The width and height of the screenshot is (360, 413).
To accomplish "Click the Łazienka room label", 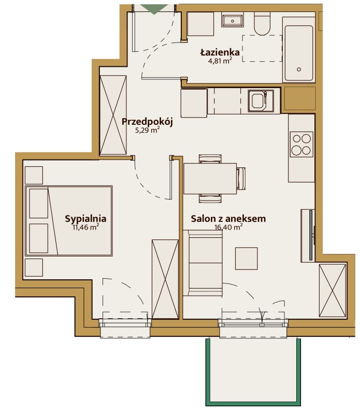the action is [220, 52].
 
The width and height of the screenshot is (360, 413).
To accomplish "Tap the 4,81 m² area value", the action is [220, 61].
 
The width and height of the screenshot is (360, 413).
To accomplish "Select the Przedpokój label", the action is [147, 122].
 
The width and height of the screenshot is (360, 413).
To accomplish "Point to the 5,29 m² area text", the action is [147, 130].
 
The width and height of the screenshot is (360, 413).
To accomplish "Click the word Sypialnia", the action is [85, 219].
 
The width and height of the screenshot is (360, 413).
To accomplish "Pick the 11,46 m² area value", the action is [85, 227].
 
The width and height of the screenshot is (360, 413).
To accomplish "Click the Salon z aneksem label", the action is [228, 219].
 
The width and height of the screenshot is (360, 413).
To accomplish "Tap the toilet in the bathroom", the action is [262, 24].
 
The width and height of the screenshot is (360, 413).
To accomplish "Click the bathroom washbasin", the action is [232, 21].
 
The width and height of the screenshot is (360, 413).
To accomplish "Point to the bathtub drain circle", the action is [299, 69].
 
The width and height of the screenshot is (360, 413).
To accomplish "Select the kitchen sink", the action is [261, 101].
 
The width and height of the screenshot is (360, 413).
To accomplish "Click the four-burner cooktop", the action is [301, 145].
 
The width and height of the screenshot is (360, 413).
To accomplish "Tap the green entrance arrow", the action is [154, 9].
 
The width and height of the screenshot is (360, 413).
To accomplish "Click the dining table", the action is [210, 179].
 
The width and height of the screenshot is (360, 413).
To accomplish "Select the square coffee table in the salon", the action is [246, 259].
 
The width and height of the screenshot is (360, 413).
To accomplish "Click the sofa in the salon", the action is [203, 263].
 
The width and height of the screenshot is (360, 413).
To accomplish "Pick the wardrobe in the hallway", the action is [113, 115].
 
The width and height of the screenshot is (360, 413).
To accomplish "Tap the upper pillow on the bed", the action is [39, 203].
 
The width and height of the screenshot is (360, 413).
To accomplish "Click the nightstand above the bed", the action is [34, 175].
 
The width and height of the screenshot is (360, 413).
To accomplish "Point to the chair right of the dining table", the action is [241, 179].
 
